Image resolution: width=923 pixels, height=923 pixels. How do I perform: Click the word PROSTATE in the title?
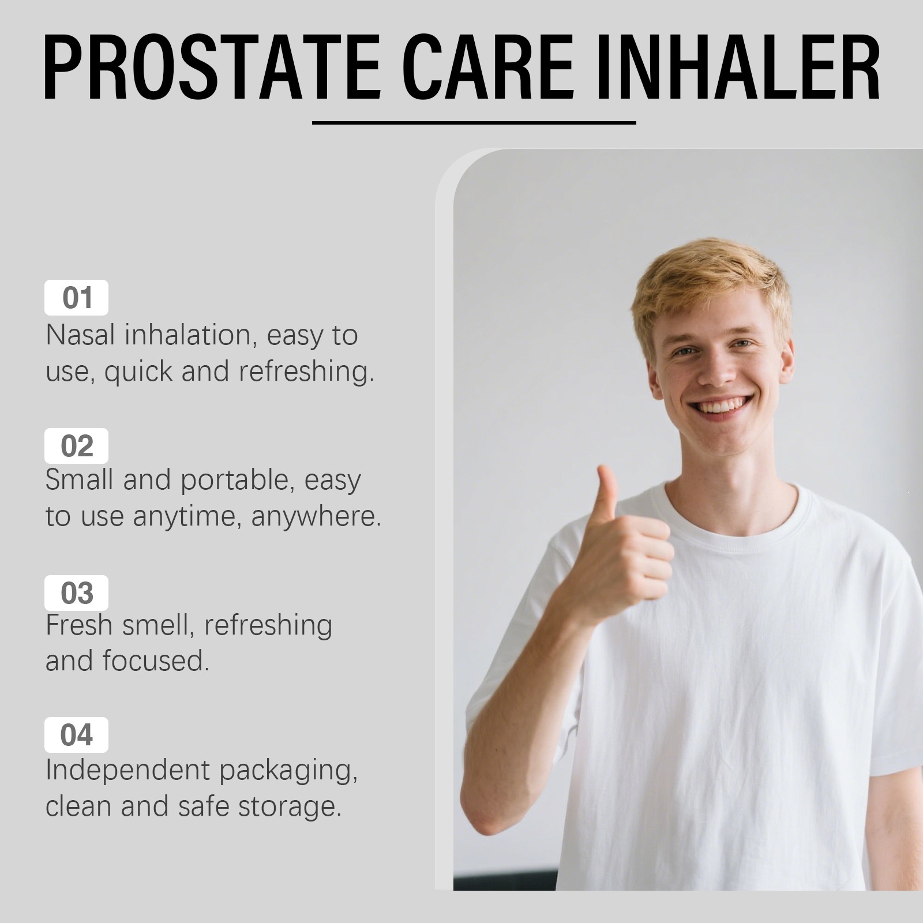212,67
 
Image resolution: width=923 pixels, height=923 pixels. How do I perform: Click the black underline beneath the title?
474,123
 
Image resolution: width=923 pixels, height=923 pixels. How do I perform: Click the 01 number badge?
76,298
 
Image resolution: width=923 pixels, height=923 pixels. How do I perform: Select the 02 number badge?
76,446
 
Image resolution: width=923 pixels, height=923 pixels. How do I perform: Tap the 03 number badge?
76,593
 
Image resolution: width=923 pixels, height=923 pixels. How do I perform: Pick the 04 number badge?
76,735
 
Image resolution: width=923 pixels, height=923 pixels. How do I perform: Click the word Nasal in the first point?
80,335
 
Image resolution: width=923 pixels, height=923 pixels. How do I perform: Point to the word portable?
234,481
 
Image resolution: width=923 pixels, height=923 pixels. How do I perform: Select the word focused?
156,661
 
